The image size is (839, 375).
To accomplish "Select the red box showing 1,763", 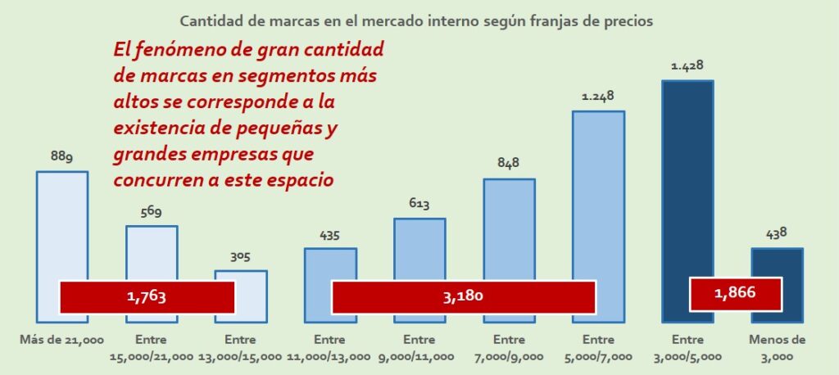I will click(x=147, y=296).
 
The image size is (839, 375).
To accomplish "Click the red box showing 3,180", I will click(x=463, y=296).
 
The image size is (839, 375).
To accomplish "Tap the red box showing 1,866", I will click(x=735, y=293).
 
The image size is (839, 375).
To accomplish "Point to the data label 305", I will click(x=240, y=257).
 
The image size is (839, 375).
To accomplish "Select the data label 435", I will click(x=329, y=236).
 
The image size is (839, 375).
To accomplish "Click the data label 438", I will click(x=776, y=234).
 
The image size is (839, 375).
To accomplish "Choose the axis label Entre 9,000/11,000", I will click(x=419, y=348).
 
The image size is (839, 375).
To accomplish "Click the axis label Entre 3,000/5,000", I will click(x=687, y=348).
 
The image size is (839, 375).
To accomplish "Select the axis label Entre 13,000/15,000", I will click(x=240, y=348).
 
